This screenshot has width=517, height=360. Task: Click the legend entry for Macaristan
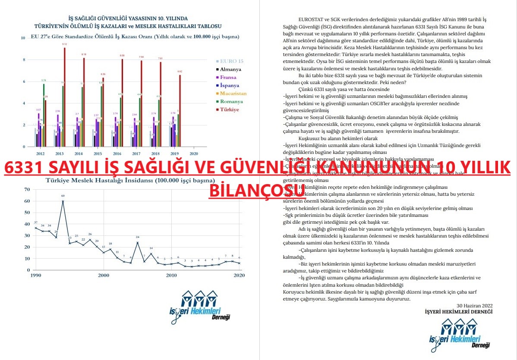pos(232,94)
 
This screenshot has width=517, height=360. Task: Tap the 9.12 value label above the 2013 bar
pos(64,44)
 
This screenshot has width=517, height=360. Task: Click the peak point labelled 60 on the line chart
pos(63,201)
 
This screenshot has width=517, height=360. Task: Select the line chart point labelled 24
pos(137,242)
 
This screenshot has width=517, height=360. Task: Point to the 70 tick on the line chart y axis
pos(27,189)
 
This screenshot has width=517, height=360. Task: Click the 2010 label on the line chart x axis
pos(171,275)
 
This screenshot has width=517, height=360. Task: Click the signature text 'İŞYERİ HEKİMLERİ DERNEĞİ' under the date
pos(459,311)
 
